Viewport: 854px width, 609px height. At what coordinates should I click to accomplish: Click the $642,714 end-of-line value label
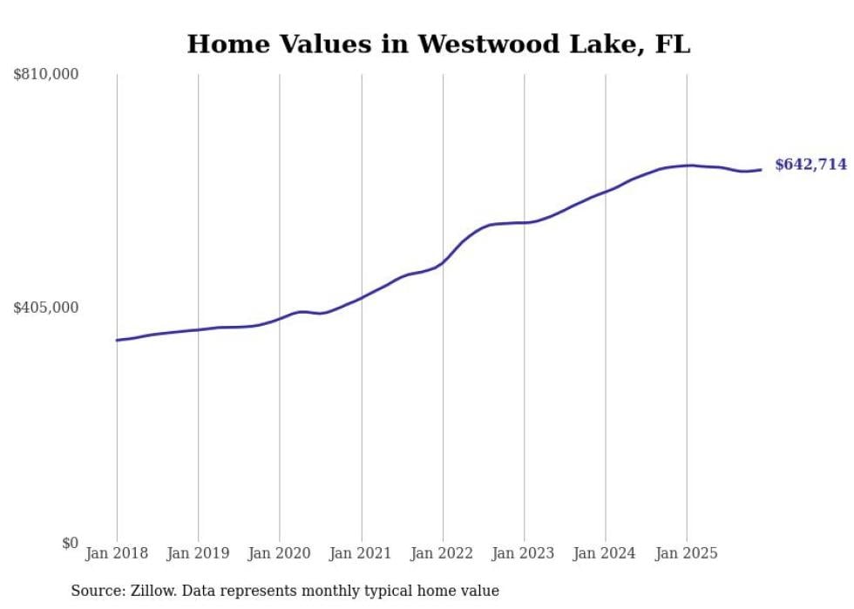point(810,165)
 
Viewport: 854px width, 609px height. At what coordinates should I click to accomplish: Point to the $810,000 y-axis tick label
point(45,75)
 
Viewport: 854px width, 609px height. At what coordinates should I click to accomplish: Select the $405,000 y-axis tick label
point(45,308)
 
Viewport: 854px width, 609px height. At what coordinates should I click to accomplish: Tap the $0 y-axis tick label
point(70,543)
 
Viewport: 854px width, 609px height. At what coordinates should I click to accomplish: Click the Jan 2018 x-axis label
point(117,553)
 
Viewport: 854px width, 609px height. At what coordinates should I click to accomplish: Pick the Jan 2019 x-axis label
point(198,553)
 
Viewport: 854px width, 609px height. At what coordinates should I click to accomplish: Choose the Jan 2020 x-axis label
point(280,553)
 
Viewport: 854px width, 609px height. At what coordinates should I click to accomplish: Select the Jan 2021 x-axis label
point(361,553)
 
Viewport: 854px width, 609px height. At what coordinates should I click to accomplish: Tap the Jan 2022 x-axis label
point(443,553)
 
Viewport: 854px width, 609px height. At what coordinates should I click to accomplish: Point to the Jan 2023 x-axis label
point(524,553)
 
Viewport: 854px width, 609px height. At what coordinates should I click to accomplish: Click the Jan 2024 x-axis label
point(606,553)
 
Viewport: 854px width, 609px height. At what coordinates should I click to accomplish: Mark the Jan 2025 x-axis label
point(687,553)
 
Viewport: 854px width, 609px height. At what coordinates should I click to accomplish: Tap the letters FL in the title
point(673,44)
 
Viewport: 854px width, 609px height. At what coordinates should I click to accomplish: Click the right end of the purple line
point(762,170)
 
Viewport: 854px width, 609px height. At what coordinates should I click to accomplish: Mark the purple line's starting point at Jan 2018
point(117,340)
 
